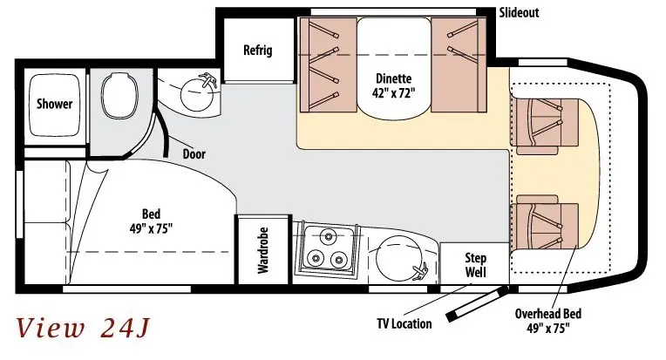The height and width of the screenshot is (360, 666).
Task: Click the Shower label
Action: click(54, 104)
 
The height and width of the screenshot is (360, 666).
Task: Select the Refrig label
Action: click(257, 50)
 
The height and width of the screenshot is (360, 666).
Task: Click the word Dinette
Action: click(388, 77)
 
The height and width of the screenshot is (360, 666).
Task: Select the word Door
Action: click(194, 154)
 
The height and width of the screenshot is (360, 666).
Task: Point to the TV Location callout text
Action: click(404, 323)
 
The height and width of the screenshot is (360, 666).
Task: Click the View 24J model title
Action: click(83, 329)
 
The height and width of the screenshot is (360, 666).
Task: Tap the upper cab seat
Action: click(544, 122)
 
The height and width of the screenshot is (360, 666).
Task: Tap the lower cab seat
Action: click(546, 223)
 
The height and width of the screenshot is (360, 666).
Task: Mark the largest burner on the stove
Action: click(328, 236)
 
